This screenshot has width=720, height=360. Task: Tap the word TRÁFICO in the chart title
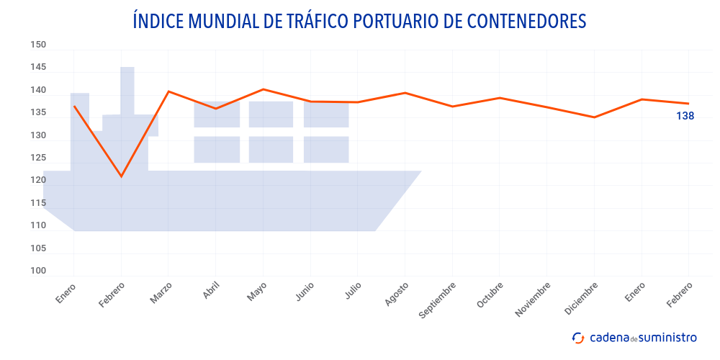click(308, 21)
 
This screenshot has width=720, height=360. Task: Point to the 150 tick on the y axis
click(38, 45)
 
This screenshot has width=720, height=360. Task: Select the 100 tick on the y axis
click(38, 271)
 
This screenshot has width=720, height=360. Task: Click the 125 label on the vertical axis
click(38, 158)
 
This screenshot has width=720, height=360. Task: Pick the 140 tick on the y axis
click(38, 91)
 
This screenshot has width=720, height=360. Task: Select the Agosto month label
click(397, 294)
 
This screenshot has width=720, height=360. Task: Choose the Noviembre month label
click(533, 299)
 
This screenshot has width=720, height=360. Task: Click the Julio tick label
click(353, 292)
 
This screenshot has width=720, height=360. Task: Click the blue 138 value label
click(685, 116)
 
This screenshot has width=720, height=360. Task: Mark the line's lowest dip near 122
click(121, 176)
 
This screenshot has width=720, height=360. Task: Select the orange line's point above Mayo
click(263, 89)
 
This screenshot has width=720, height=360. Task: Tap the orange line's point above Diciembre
click(594, 117)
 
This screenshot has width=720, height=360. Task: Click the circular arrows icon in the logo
click(578, 338)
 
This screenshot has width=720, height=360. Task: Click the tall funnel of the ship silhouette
click(127, 90)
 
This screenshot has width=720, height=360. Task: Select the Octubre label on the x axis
click(490, 295)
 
